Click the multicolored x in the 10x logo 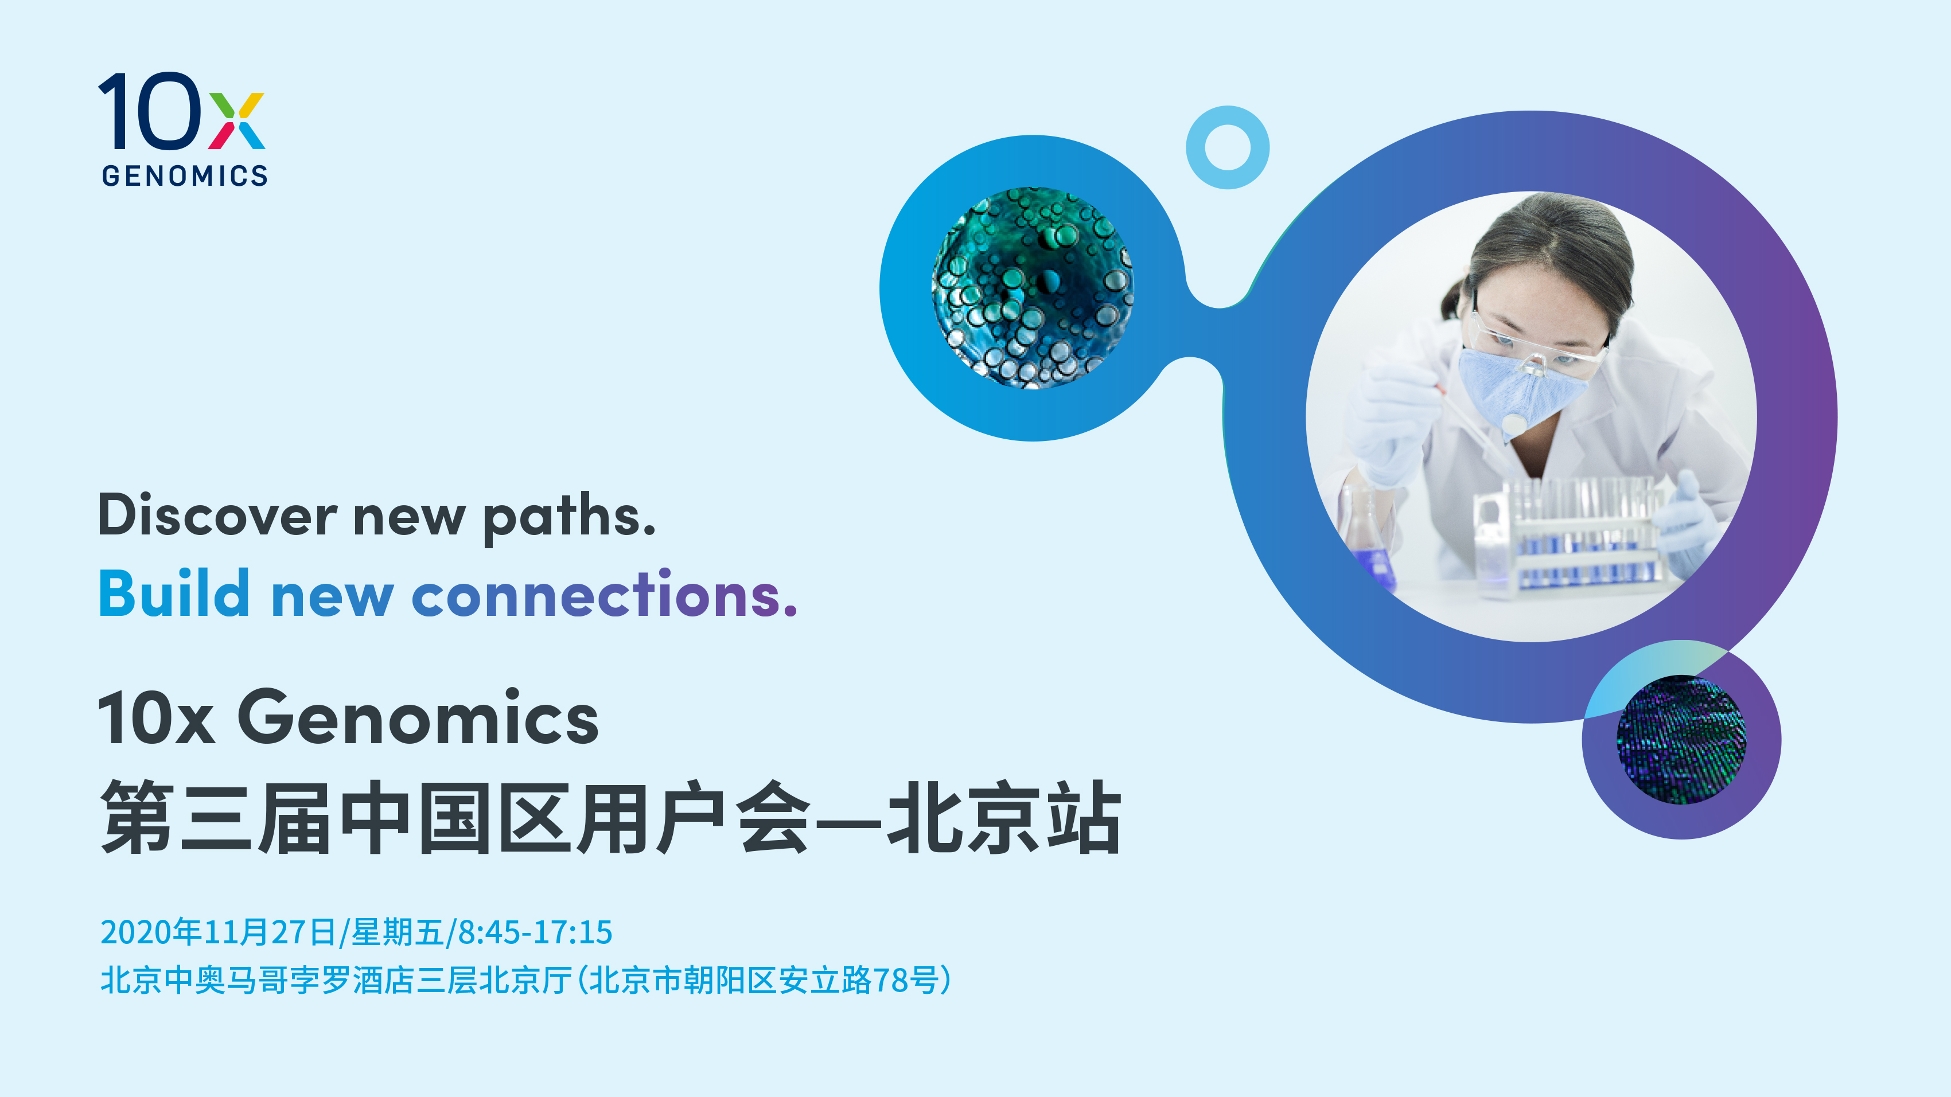(236, 120)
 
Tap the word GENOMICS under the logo (185, 175)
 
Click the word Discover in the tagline (218, 516)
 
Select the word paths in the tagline (569, 517)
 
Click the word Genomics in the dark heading (418, 717)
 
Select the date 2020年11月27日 (218, 932)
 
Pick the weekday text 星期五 (398, 932)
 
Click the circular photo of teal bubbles (1033, 288)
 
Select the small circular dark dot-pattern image (1681, 740)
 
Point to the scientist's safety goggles (1537, 345)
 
